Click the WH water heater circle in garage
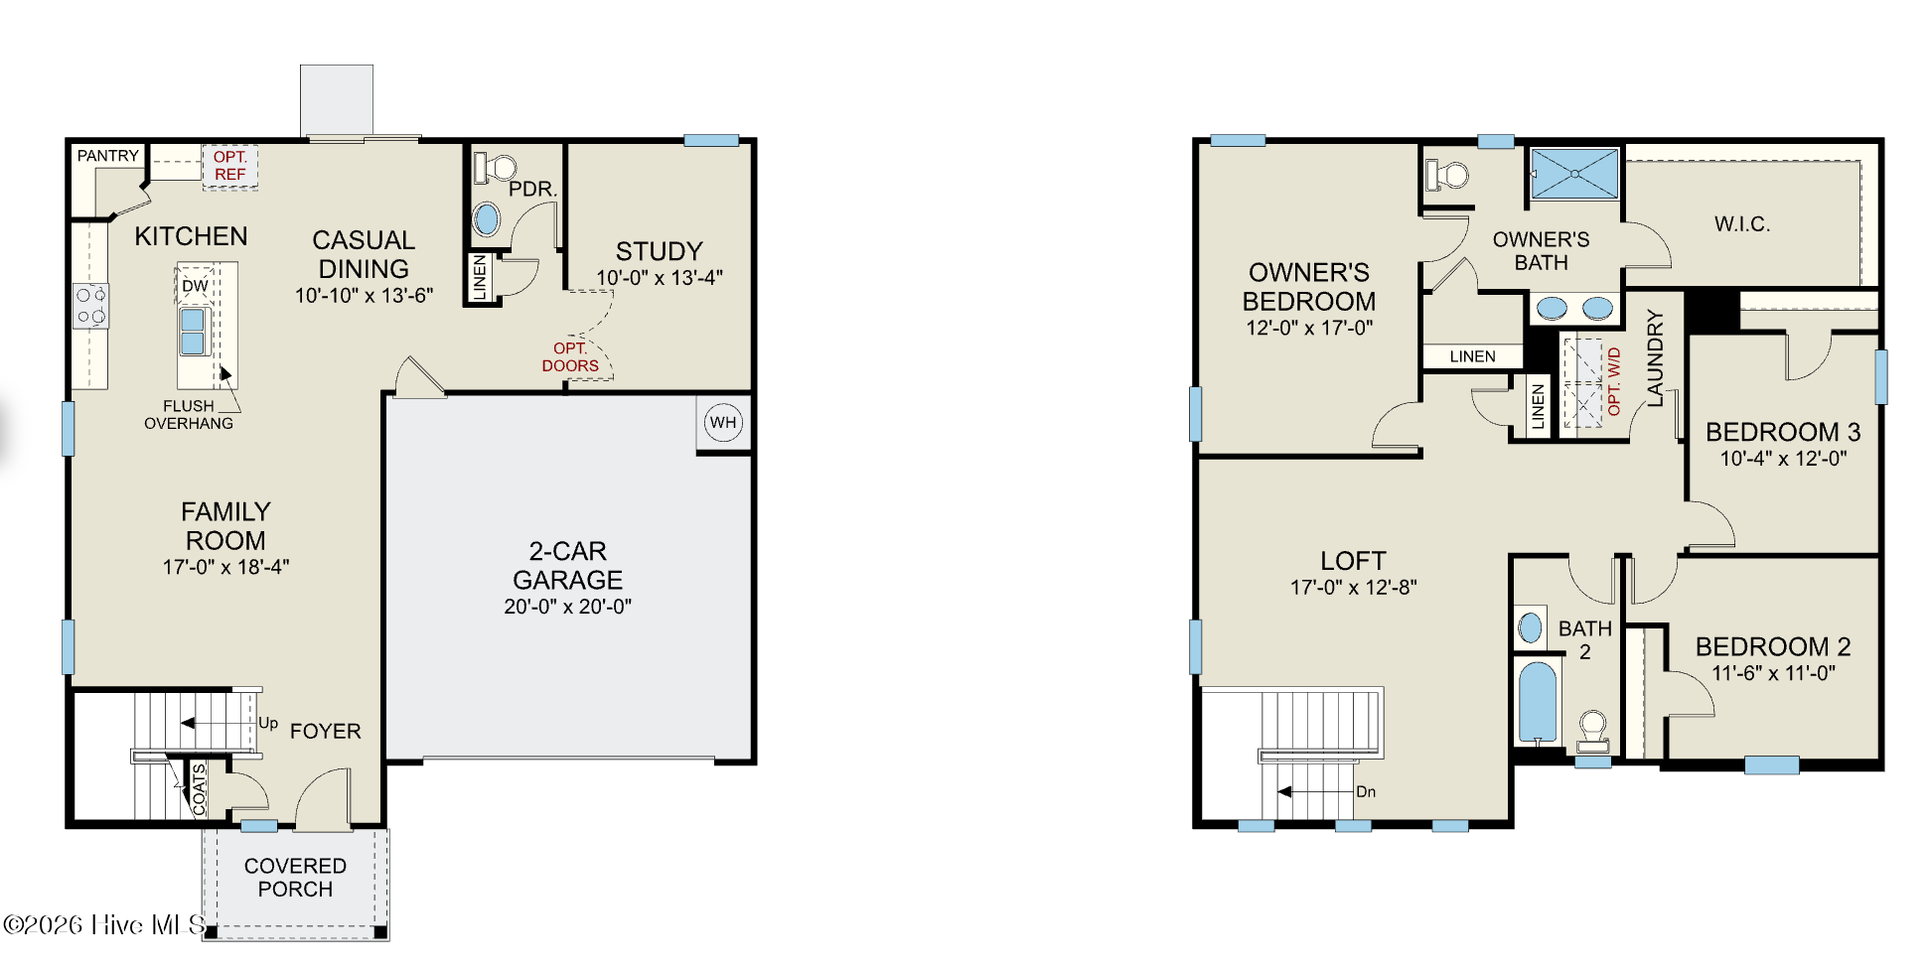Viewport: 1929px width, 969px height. point(723,422)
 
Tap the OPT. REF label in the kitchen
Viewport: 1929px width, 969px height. point(230,166)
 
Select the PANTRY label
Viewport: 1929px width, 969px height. point(108,156)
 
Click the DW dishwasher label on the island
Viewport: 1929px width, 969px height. point(195,286)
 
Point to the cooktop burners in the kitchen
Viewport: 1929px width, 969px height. point(90,306)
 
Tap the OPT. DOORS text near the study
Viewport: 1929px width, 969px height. point(570,356)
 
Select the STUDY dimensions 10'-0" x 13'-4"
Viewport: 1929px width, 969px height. point(660,278)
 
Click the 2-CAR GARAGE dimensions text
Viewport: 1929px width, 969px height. point(567,607)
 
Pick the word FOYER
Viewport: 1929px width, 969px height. point(325,731)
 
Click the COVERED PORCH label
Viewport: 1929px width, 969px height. point(295,878)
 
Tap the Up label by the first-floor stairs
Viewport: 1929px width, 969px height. point(268,723)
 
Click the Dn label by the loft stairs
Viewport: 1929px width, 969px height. point(1366,791)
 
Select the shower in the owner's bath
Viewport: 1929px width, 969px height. point(1575,174)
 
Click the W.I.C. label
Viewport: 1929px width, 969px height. point(1742,223)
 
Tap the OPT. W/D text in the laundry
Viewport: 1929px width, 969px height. point(1614,381)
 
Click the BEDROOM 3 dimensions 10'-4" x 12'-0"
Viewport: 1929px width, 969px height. point(1783,459)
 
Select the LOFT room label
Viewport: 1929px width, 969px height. point(1353,561)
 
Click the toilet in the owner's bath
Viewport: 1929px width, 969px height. point(1447,176)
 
